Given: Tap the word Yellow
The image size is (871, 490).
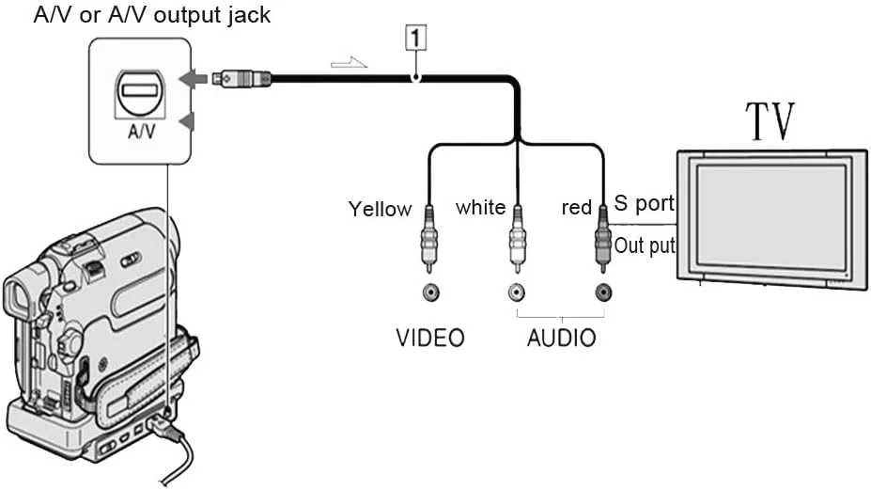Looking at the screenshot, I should (x=380, y=209).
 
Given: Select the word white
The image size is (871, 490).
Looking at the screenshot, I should (x=480, y=207).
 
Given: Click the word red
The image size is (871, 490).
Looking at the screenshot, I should (x=576, y=208).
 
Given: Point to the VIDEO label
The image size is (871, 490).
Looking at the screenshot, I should (x=429, y=338).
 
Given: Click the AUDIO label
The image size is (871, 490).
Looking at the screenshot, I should (x=561, y=338).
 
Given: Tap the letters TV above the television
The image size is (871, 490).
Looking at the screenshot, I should (x=770, y=122).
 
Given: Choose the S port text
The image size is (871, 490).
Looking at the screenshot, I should (x=644, y=203).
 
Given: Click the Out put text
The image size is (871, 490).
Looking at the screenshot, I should (x=644, y=246).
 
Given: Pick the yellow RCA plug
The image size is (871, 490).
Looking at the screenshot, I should (x=429, y=239).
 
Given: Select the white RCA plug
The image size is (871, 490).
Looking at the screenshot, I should (x=516, y=239).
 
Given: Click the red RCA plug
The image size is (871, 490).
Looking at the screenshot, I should (x=602, y=239).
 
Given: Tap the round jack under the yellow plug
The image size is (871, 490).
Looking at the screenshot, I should (x=429, y=292).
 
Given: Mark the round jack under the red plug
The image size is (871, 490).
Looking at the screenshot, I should (x=602, y=292).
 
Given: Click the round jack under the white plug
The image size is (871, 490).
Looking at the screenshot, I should (x=516, y=292).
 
